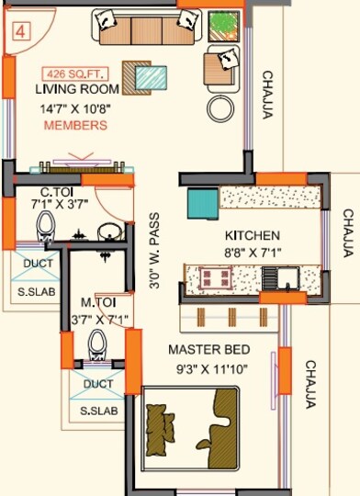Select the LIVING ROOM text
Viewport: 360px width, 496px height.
(78, 90)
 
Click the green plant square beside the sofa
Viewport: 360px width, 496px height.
(221, 25)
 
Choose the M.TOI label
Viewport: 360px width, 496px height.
(96, 303)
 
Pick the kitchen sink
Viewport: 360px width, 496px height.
(276, 276)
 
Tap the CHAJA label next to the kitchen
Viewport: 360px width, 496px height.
(348, 234)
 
